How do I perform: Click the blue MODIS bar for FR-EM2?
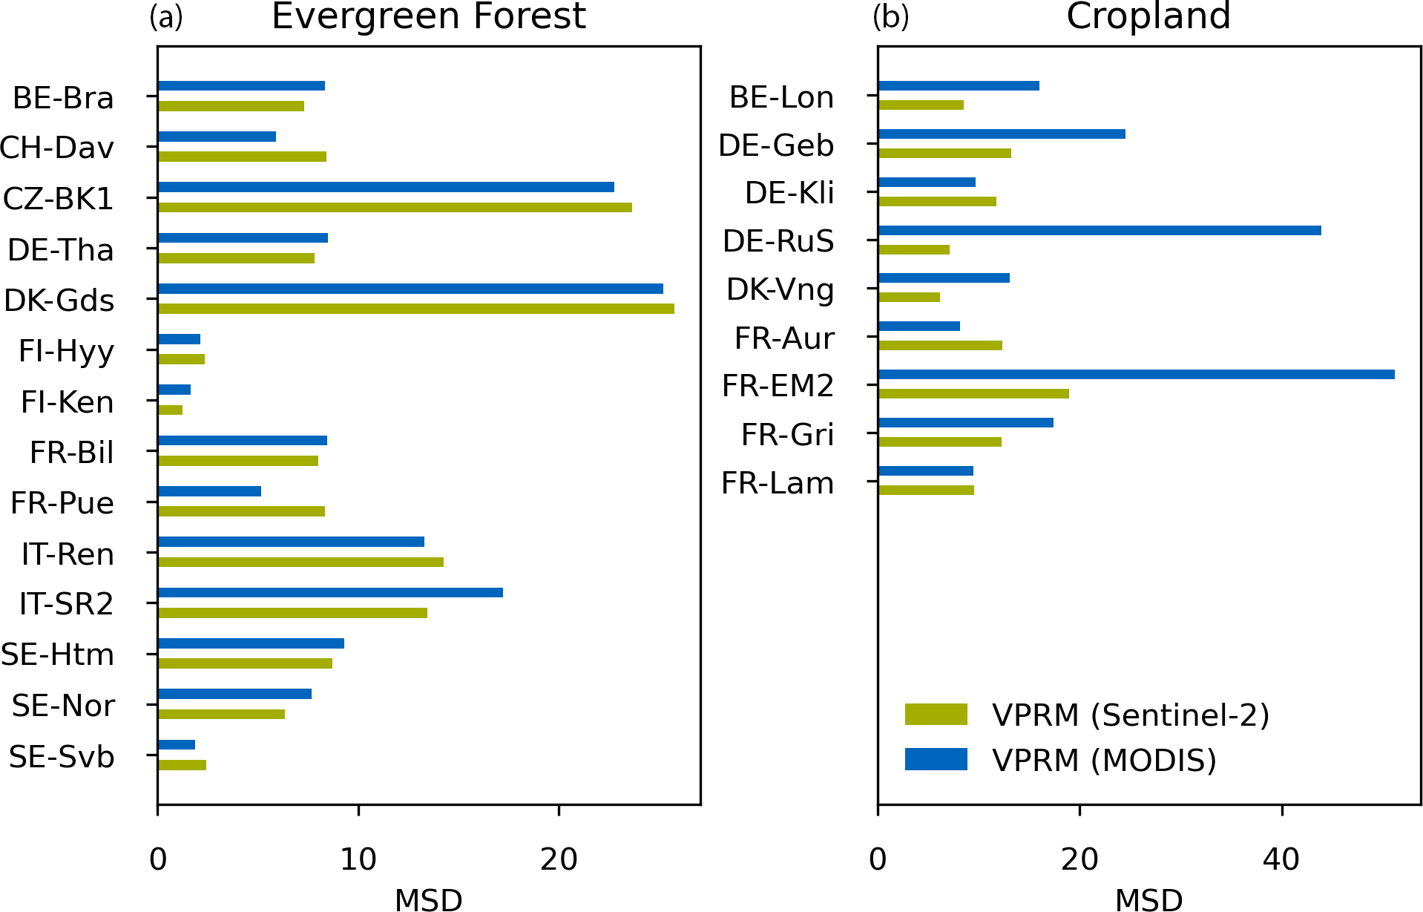(1136, 375)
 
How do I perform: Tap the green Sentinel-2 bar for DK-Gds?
(415, 309)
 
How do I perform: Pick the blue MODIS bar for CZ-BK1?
(386, 187)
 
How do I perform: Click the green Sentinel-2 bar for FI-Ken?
(170, 410)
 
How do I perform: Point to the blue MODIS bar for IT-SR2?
(330, 592)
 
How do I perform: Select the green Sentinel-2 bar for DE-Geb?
(944, 153)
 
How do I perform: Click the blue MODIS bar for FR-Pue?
(209, 491)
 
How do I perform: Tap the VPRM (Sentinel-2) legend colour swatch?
(936, 714)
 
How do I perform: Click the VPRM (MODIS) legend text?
(1104, 760)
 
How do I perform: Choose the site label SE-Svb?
(62, 757)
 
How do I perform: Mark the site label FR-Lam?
(778, 483)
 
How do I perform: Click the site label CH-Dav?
(57, 148)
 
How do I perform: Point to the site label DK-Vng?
(780, 290)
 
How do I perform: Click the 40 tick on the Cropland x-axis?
(1281, 859)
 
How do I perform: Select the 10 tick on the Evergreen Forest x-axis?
(358, 859)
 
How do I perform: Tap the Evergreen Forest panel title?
(429, 16)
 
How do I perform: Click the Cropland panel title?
(1148, 16)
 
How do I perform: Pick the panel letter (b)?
(890, 16)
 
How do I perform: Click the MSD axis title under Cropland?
(1148, 899)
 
